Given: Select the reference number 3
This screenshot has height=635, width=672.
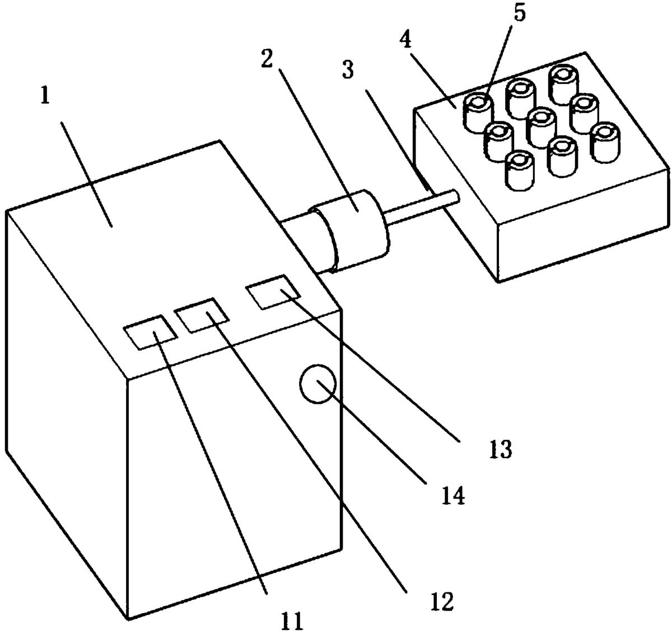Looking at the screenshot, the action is (x=347, y=70).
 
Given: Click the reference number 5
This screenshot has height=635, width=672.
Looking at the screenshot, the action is (x=519, y=12).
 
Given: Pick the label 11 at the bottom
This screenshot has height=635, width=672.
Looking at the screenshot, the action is (x=292, y=620).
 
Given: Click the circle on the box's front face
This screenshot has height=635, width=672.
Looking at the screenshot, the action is (x=318, y=384).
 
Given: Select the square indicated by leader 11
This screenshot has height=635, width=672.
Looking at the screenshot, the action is (x=151, y=332).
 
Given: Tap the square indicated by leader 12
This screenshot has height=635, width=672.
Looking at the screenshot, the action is (x=202, y=314).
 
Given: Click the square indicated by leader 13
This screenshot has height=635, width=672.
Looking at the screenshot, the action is (x=273, y=292).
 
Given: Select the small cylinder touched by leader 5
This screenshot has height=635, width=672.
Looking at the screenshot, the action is (x=478, y=112).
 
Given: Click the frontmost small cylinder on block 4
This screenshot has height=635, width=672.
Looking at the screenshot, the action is (x=519, y=170).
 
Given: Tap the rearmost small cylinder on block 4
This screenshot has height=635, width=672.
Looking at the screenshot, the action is (x=563, y=84).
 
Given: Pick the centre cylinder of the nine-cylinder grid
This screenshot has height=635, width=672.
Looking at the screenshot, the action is (x=542, y=128).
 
